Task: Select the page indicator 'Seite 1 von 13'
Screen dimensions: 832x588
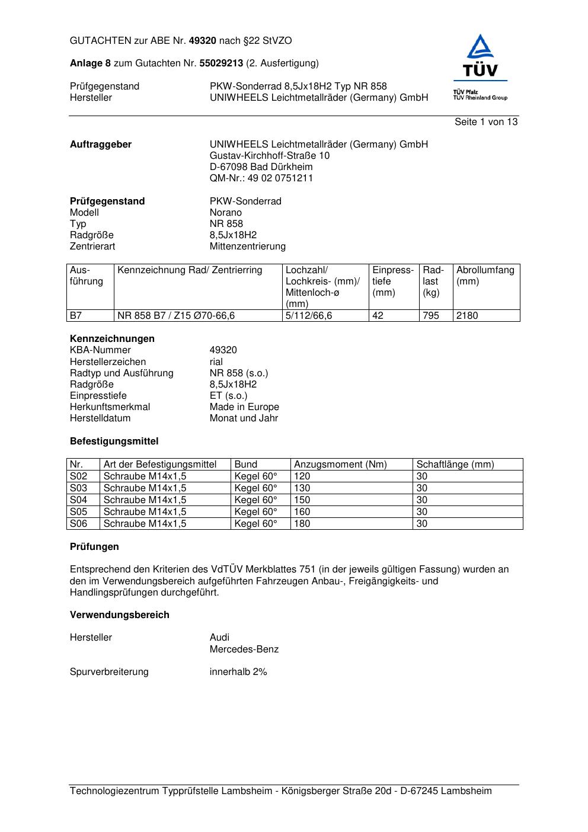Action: [485, 122]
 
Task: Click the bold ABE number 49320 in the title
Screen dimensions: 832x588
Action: [202, 41]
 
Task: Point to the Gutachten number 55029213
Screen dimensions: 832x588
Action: [221, 63]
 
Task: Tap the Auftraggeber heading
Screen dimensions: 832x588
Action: [101, 145]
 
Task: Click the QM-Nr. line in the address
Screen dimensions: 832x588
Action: [261, 178]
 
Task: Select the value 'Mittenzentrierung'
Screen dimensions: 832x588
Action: [247, 247]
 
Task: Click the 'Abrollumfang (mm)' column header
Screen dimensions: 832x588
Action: [485, 276]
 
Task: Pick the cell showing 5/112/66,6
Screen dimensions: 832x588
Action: [309, 316]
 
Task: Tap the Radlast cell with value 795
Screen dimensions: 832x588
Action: [431, 316]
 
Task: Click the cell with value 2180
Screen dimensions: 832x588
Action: [467, 316]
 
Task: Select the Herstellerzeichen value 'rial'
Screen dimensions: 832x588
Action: [216, 362]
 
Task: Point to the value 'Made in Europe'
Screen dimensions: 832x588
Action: [244, 407]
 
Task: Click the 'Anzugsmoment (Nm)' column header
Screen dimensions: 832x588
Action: [340, 465]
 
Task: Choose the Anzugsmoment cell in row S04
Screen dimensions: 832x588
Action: [302, 500]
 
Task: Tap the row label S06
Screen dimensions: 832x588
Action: [78, 524]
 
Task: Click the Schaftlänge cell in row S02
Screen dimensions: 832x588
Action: [422, 476]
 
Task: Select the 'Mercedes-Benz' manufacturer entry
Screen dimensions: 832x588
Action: [244, 649]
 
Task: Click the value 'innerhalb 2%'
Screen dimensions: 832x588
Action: [238, 672]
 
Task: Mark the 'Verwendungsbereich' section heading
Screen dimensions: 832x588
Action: [120, 615]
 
